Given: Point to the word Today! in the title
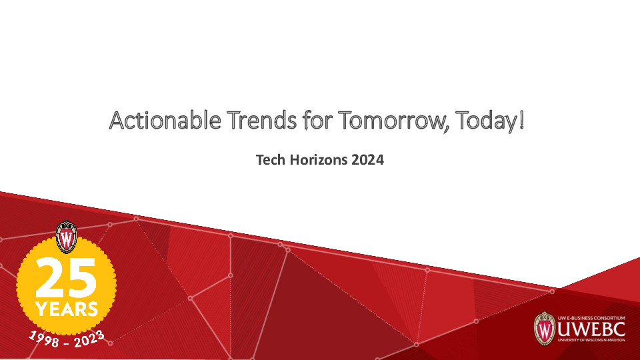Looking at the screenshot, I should click(490, 121).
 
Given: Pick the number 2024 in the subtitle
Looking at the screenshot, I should click(367, 161).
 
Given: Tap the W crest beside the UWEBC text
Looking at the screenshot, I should click(545, 328).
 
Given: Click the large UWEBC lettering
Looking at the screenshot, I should click(588, 330).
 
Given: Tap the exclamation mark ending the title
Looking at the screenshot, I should click(521, 121).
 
